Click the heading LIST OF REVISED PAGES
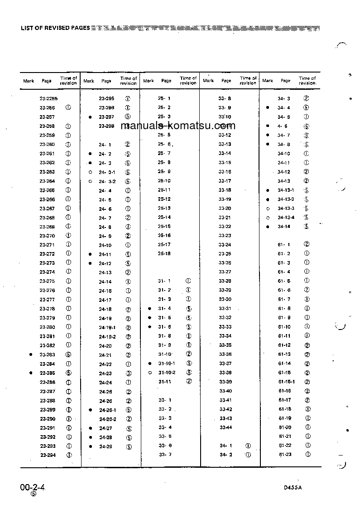point(55,28)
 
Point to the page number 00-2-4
point(34,487)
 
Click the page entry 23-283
point(47,354)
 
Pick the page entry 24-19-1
point(107,327)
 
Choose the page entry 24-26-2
point(108,419)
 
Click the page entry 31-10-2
point(167,373)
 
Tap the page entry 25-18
point(164,254)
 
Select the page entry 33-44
point(226,427)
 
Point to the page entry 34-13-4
point(286,218)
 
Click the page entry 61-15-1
point(286,382)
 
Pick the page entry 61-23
point(285,455)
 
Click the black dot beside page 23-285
point(30,373)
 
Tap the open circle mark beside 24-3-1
point(91,172)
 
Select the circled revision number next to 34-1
point(248,446)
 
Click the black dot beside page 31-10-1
point(149,364)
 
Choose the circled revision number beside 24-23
point(129,373)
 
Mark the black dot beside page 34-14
point(268,227)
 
